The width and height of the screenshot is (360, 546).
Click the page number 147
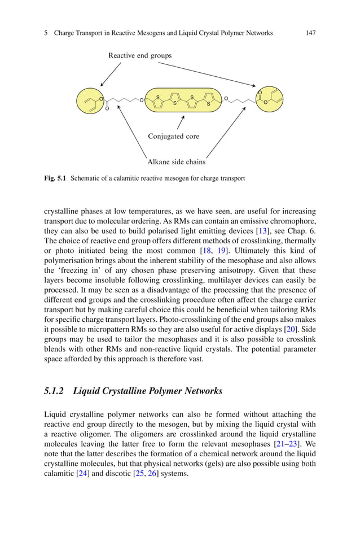coord(310,33)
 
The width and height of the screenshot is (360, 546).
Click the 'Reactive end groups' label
coord(140,55)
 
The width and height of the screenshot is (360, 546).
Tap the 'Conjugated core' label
coord(173,136)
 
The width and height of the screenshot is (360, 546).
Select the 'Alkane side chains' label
coord(176,162)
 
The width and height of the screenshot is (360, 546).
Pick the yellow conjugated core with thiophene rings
coord(182,100)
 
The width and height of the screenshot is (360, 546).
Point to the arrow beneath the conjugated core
coord(181,122)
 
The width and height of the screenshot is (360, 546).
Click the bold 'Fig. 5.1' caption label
coord(55,178)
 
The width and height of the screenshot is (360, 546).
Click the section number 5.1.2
coord(54,391)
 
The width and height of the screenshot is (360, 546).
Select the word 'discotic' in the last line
coord(118,474)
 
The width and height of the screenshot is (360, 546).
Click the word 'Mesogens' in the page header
coord(145,33)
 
